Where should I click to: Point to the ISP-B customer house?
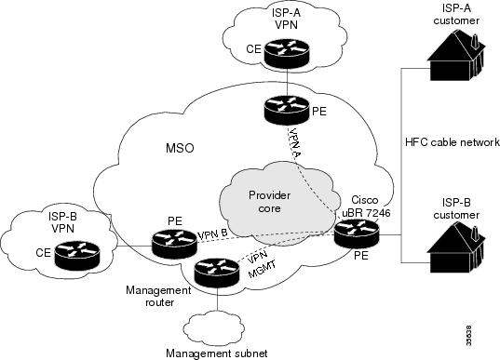coord(453,233)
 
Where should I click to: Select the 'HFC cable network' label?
coord(453,142)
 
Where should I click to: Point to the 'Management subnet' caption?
coord(215,353)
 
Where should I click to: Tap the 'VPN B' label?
coord(214,236)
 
